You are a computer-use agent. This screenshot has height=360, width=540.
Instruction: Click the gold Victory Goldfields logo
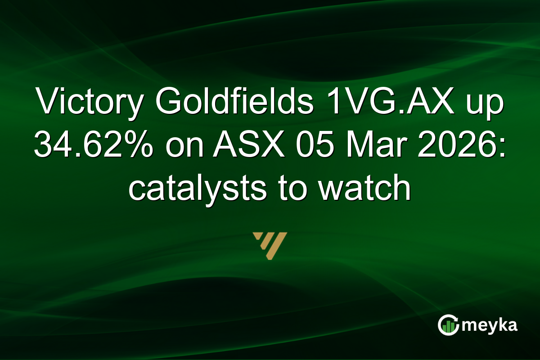[x=270, y=246]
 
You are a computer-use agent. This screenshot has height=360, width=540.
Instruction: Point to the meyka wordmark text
[x=490, y=325]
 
